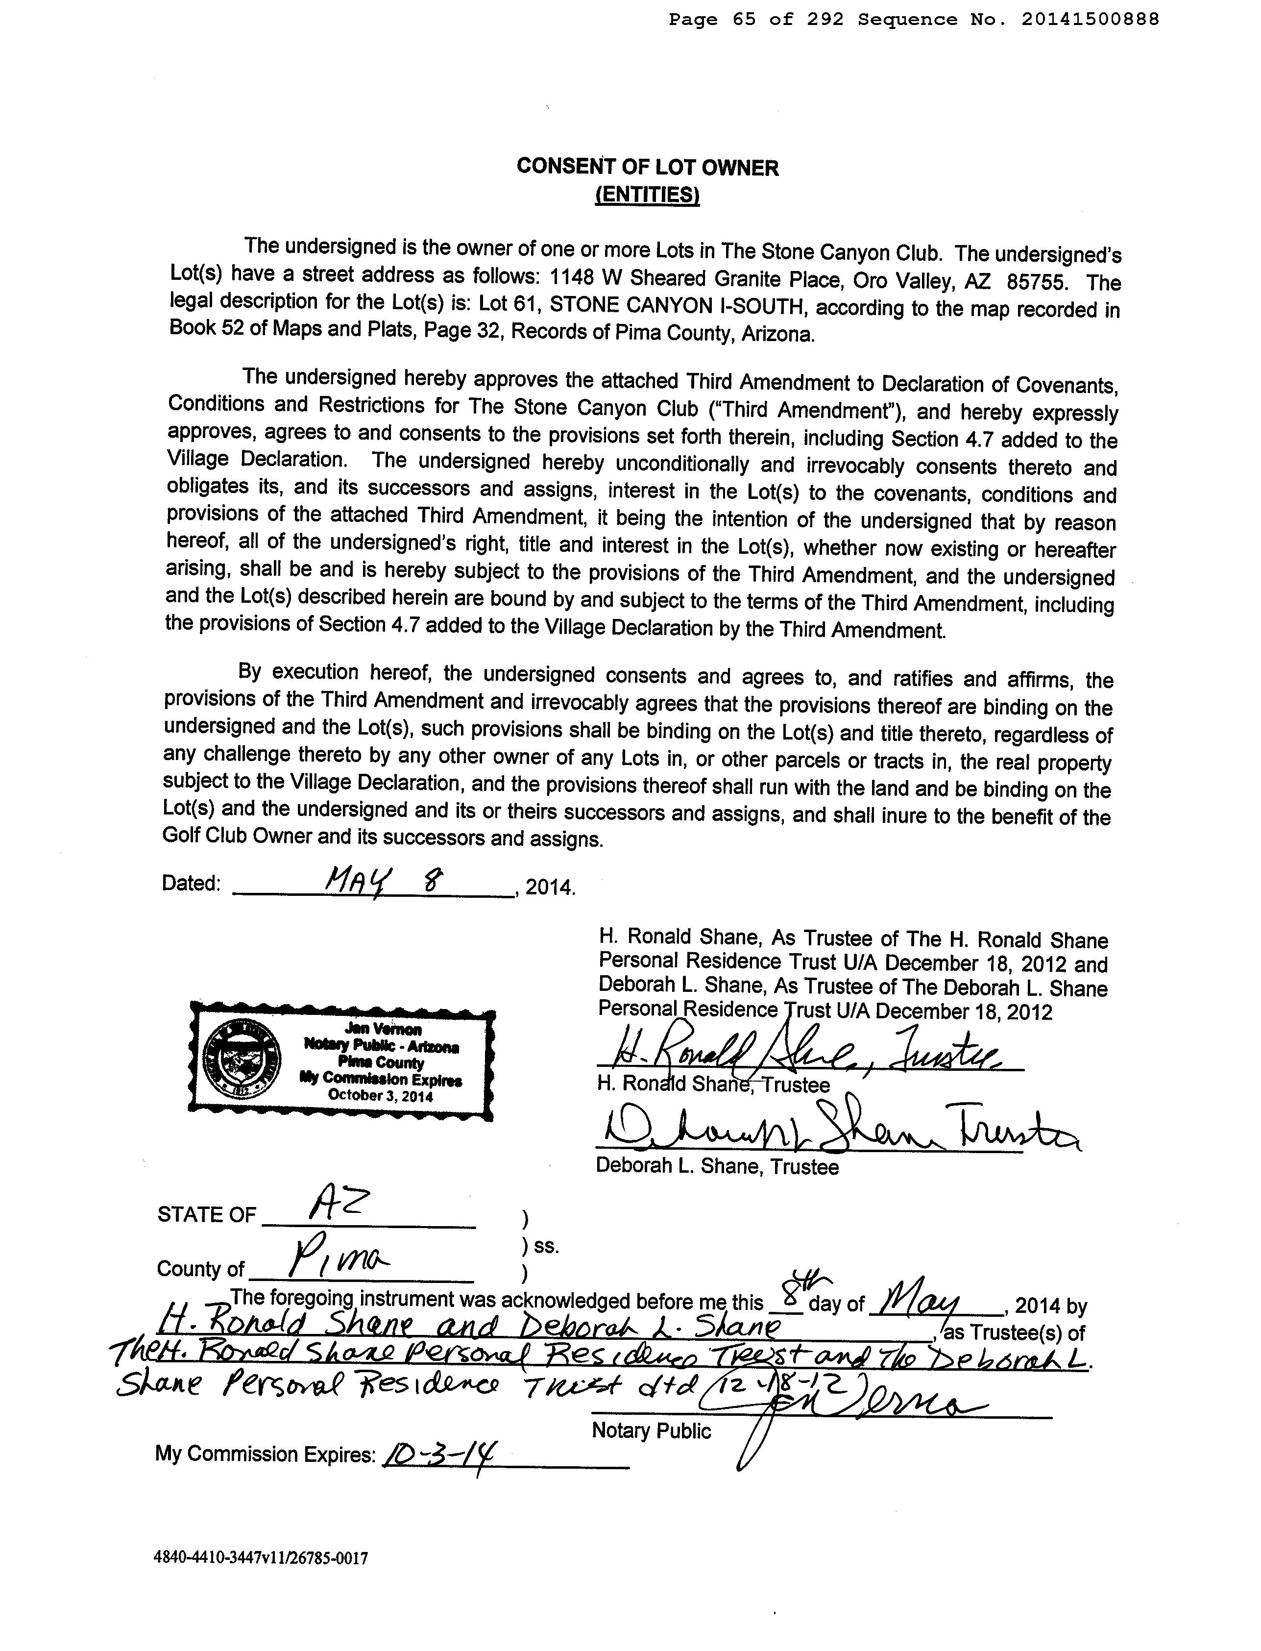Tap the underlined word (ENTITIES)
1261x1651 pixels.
(647, 195)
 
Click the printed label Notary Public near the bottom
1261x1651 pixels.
(651, 1430)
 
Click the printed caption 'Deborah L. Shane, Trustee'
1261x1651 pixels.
(717, 1166)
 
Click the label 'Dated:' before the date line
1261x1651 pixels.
(192, 883)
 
